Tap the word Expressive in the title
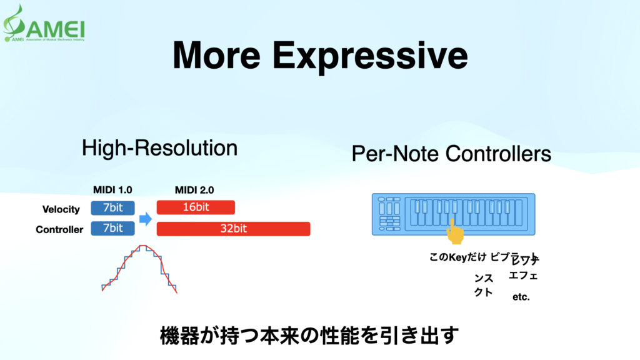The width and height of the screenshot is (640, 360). [370, 56]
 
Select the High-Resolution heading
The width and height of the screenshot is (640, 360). [159, 148]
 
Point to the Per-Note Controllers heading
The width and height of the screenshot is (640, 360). [451, 153]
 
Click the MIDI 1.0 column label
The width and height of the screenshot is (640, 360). [112, 190]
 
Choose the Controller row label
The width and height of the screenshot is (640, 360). [59, 229]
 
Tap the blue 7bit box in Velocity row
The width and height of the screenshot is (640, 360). [112, 208]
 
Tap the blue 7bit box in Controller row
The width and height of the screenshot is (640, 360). [112, 229]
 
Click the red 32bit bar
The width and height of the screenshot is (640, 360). [233, 229]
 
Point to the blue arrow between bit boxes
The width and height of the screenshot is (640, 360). [145, 219]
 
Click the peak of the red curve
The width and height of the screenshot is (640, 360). [143, 246]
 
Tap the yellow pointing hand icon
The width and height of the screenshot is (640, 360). [456, 234]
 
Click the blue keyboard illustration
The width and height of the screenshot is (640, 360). [453, 214]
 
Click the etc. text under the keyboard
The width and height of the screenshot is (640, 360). [521, 297]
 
